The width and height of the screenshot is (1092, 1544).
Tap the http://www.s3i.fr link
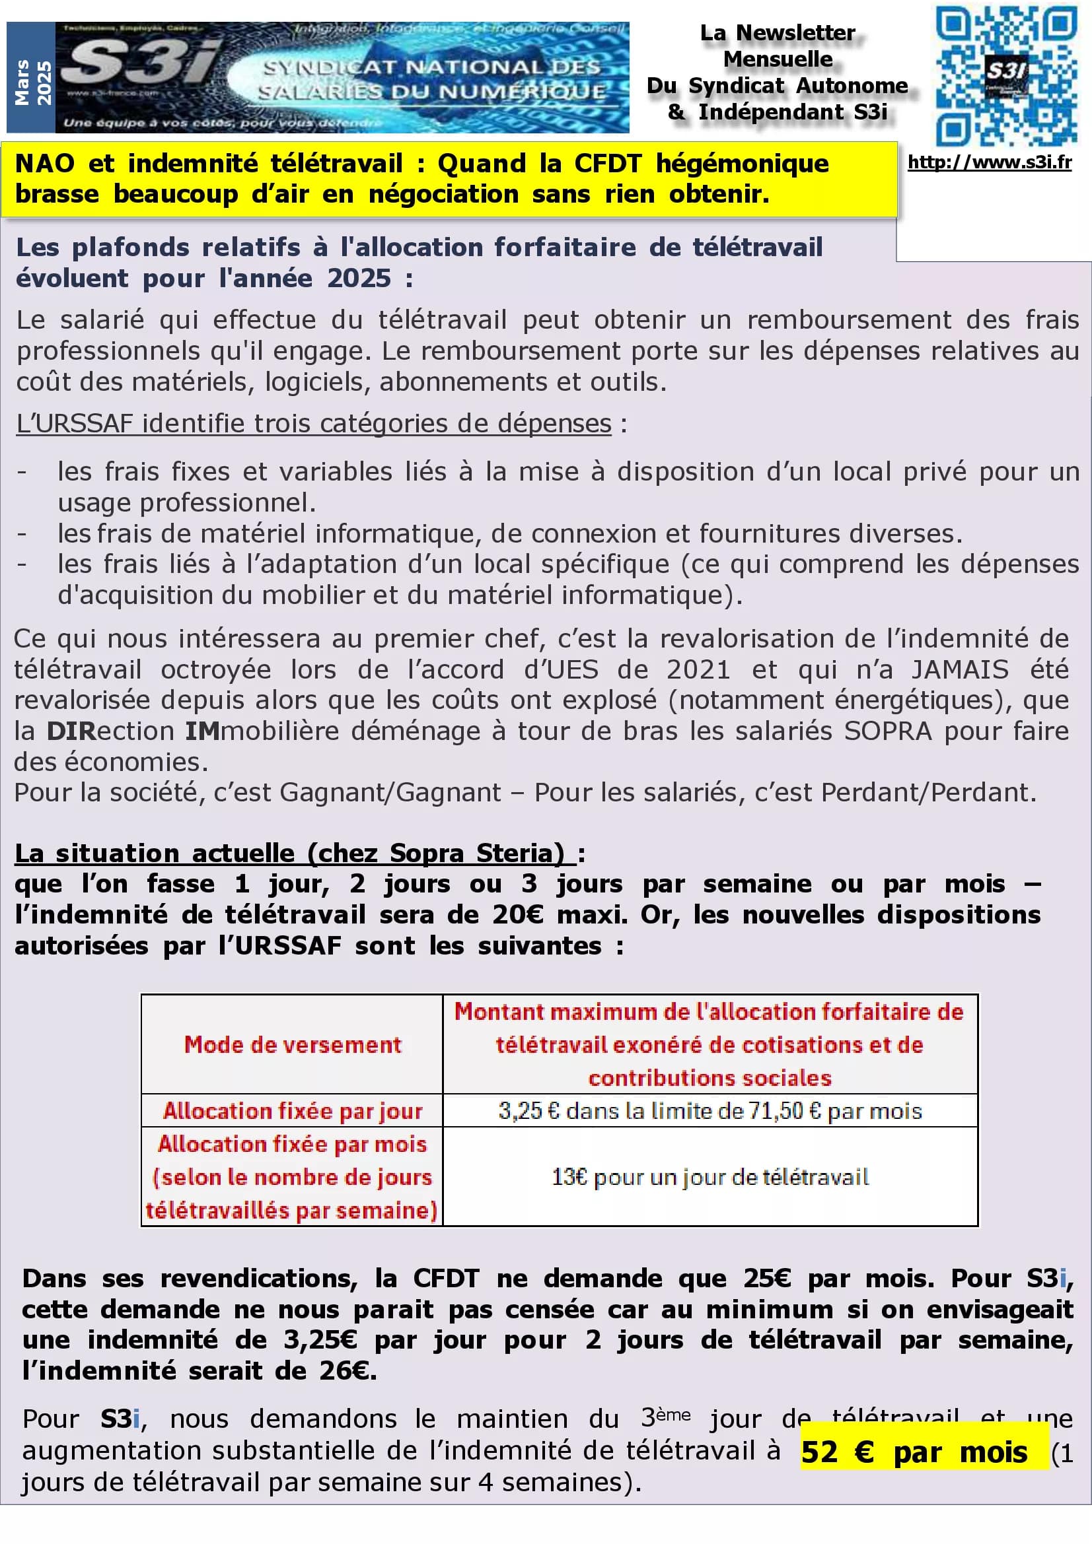coord(989,162)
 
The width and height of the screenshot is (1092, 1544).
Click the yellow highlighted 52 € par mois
coord(914,1452)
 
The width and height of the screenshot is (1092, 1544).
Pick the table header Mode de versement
coord(292,1044)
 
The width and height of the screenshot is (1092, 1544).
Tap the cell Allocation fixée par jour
coord(292,1110)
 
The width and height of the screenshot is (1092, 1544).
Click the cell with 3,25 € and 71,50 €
coord(710,1110)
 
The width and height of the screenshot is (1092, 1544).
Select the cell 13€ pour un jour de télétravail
coord(710,1177)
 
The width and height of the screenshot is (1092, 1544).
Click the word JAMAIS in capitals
coord(959,670)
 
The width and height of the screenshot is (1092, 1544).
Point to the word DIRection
coord(110,731)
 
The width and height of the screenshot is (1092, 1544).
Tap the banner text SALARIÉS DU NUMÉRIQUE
coord(431,92)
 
